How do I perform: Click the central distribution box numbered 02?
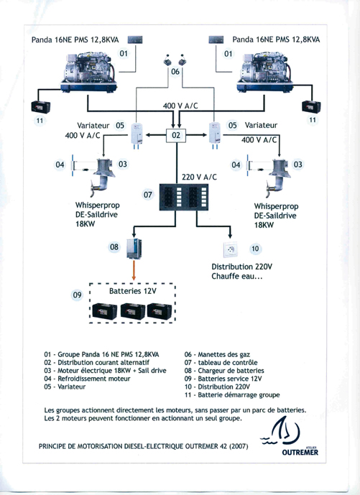[x=176, y=136]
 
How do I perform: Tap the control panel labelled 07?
[x=184, y=198]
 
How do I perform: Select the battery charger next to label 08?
[x=134, y=249]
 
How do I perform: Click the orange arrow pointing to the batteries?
[x=134, y=270]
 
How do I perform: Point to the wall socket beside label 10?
[x=231, y=249]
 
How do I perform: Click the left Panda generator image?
[x=88, y=73]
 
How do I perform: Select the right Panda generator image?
[x=264, y=73]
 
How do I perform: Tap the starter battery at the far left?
[x=41, y=107]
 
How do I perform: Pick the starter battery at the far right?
[x=312, y=106]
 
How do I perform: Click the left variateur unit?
[x=137, y=134]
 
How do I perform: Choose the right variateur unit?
[x=215, y=134]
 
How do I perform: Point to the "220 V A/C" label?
[x=199, y=177]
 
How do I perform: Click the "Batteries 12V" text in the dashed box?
[x=133, y=291]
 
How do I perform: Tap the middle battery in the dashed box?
[x=133, y=311]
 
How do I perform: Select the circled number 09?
[x=78, y=295]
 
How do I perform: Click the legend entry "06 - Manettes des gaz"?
[x=217, y=354]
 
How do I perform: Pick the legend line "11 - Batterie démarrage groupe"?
[x=232, y=395]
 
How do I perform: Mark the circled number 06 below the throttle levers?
[x=175, y=72]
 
